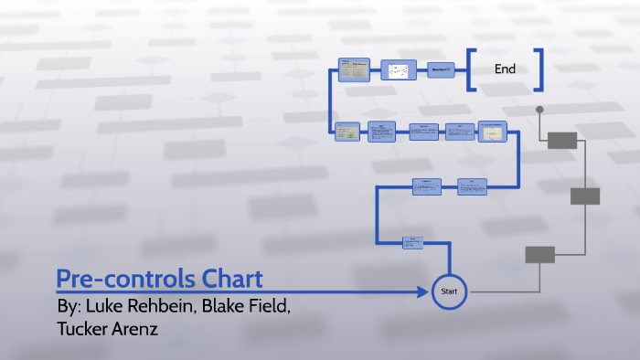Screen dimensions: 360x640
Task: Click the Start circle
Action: point(448,291)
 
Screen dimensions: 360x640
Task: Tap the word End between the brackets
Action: point(505,69)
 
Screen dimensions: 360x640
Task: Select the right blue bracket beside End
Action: point(539,70)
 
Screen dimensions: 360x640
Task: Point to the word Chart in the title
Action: point(232,278)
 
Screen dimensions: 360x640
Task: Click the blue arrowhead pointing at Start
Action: point(423,291)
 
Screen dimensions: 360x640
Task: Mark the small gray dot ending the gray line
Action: point(540,110)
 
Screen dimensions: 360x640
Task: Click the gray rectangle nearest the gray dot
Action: point(561,140)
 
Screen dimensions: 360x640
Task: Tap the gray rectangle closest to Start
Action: point(539,255)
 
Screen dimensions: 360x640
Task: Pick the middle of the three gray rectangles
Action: point(585,196)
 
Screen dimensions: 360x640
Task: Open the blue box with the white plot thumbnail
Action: point(398,70)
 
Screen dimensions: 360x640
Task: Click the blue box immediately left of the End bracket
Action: point(441,70)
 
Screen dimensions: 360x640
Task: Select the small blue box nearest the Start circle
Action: point(413,243)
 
